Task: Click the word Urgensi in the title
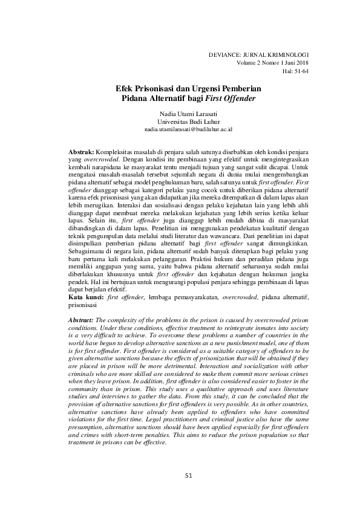click(x=202, y=88)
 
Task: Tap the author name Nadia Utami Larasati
click(x=180, y=112)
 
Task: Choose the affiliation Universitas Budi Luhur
click(x=180, y=121)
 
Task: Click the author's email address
click(x=180, y=129)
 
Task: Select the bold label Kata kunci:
click(x=85, y=297)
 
